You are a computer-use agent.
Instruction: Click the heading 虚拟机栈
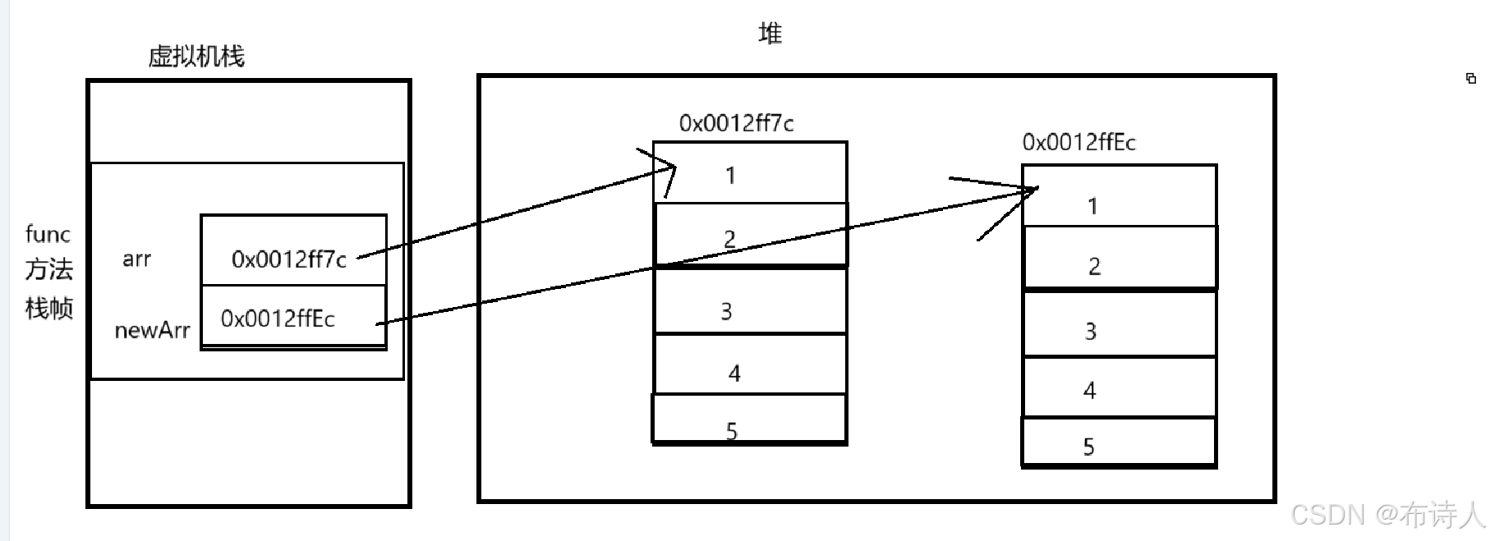tap(196, 57)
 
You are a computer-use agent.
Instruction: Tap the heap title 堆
tap(770, 34)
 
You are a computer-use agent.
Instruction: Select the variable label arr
tap(136, 259)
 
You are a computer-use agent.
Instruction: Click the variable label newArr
tap(152, 331)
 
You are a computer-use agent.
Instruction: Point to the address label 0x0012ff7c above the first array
tap(736, 124)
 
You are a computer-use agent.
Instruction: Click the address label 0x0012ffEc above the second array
tap(1078, 143)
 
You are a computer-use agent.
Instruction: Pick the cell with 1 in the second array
tap(1119, 197)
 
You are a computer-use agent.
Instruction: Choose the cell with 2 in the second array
tap(1119, 258)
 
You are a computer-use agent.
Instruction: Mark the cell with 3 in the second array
tap(1119, 325)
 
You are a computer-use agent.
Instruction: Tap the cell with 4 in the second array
tap(1119, 387)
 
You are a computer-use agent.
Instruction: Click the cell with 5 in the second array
tap(1119, 442)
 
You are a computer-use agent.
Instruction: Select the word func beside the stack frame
tap(48, 235)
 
